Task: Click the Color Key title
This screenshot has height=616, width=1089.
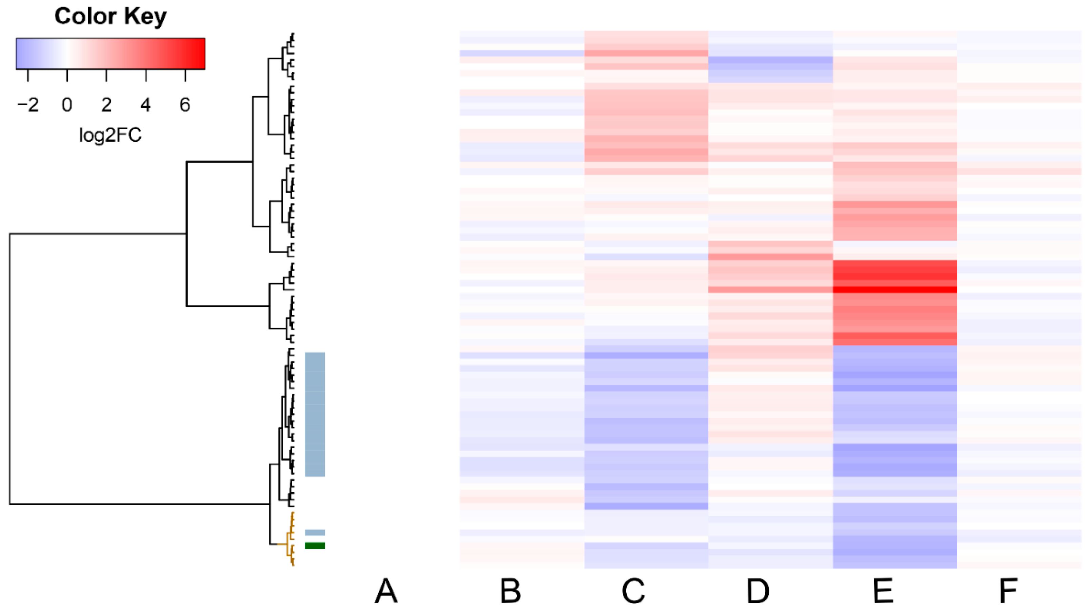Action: (110, 17)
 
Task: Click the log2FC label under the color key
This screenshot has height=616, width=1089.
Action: (110, 135)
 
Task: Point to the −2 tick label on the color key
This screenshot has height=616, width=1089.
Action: (28, 104)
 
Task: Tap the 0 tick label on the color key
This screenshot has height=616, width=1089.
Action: (67, 104)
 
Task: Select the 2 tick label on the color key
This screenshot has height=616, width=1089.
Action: (106, 104)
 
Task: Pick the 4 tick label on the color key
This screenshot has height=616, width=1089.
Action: (145, 104)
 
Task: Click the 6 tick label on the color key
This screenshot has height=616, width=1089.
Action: (185, 104)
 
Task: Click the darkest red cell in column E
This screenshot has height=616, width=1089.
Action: (894, 290)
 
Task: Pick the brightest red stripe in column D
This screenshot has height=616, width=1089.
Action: (770, 257)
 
